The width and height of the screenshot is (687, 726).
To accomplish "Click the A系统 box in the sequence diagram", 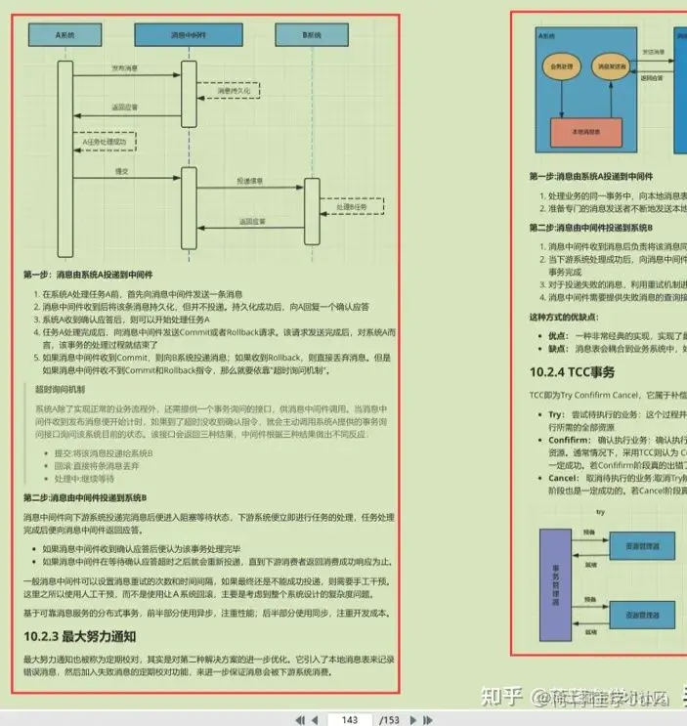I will pos(65,35).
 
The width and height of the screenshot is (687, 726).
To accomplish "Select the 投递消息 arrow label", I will pos(248,181).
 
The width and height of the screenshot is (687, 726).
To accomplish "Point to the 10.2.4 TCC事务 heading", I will pos(572,371).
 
